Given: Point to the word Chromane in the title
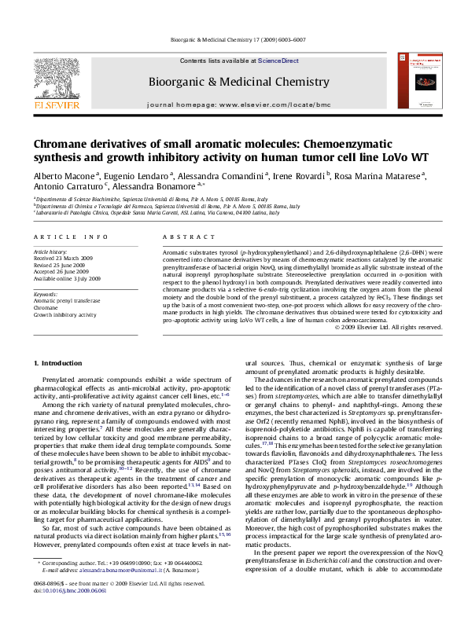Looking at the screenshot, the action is tap(62, 145).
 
